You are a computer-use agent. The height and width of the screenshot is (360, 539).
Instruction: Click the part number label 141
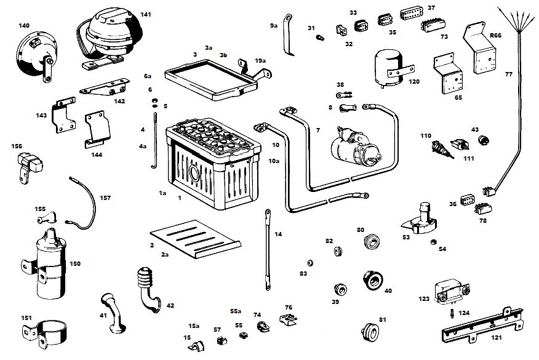click(145, 14)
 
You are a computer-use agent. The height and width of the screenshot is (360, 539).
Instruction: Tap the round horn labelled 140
click(33, 53)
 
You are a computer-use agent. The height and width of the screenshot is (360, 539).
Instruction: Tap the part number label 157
click(105, 198)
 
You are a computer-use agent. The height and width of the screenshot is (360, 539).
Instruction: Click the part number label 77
click(508, 74)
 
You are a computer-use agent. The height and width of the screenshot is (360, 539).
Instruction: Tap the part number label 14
click(278, 234)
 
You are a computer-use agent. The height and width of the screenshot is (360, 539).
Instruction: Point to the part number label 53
click(406, 236)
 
